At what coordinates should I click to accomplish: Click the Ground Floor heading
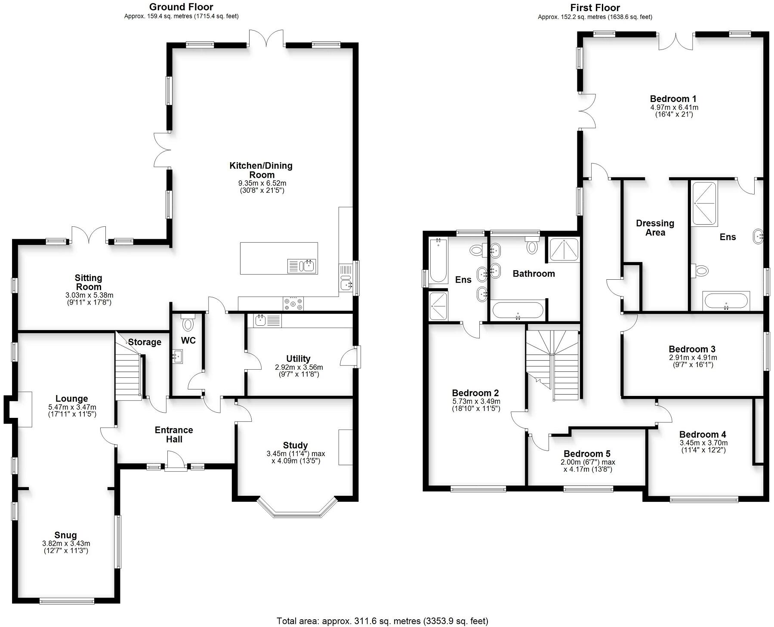click(181, 7)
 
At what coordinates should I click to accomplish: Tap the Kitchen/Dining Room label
click(261, 170)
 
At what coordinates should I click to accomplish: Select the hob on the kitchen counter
click(293, 303)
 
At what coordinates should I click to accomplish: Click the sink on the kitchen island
click(309, 266)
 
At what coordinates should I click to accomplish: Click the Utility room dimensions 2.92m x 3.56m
click(299, 368)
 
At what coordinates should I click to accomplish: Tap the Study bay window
click(297, 510)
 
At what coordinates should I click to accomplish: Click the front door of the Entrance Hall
click(176, 461)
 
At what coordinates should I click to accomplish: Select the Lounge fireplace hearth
click(25, 409)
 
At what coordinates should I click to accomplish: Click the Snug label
click(65, 535)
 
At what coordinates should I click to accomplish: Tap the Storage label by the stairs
click(145, 342)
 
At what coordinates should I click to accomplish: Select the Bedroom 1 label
click(673, 99)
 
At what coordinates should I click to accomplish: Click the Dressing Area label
click(655, 228)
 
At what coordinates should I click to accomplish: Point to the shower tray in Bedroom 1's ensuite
click(704, 204)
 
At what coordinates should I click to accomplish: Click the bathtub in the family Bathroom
click(518, 310)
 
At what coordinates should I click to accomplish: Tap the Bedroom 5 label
click(587, 454)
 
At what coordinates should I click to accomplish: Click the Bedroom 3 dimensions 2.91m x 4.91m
click(693, 358)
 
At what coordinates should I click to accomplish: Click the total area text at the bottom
click(382, 621)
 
